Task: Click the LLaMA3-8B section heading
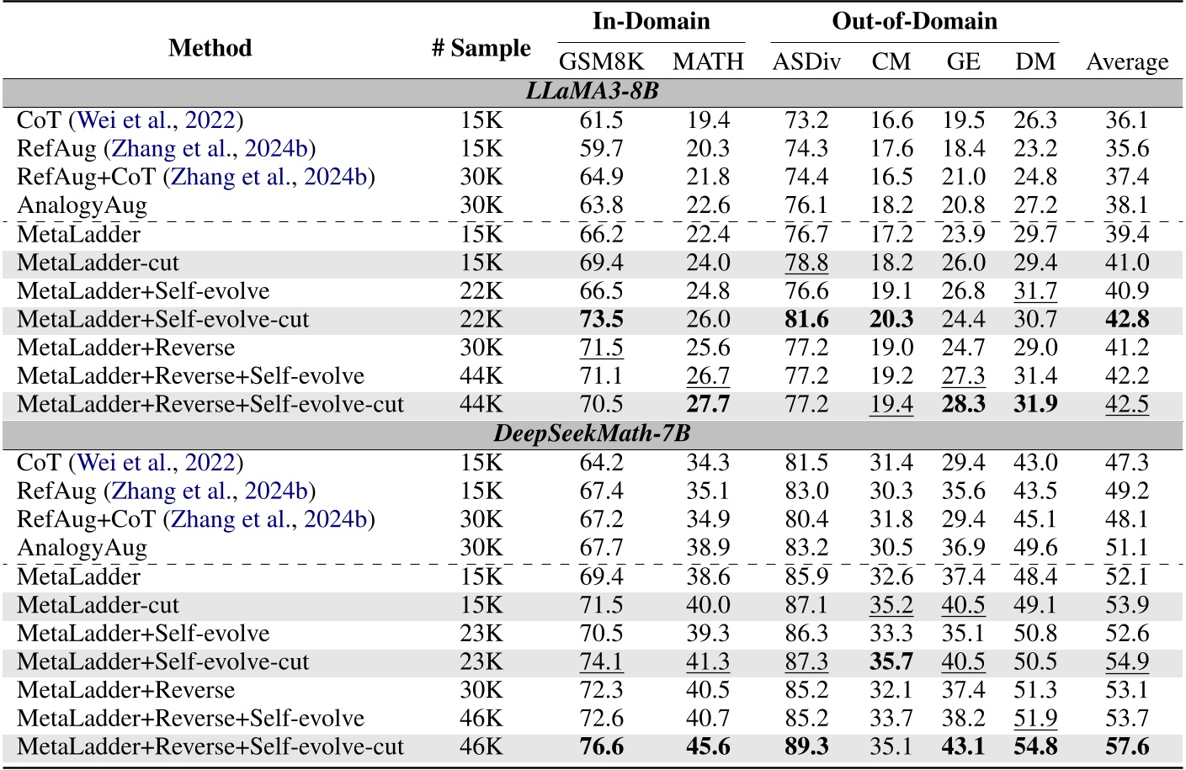[x=592, y=91]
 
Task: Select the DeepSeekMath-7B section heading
[x=592, y=433]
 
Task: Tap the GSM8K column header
[x=601, y=61]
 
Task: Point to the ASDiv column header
[x=806, y=61]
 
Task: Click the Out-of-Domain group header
[x=914, y=21]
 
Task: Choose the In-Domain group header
[x=651, y=21]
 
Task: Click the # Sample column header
[x=481, y=48]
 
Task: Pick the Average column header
[x=1127, y=61]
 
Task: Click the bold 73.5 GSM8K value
[x=601, y=320]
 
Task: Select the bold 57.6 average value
[x=1127, y=747]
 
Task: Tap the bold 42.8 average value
[x=1127, y=320]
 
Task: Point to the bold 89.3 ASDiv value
[x=806, y=747]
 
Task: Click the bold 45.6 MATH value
[x=708, y=747]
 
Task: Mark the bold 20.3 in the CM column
[x=891, y=320]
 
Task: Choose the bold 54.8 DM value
[x=1035, y=747]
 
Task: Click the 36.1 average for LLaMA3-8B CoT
[x=1127, y=120]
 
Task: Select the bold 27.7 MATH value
[x=708, y=405]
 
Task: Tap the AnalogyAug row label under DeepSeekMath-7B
[x=82, y=548]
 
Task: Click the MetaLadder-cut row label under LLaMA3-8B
[x=98, y=263]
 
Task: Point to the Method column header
[x=210, y=48]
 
